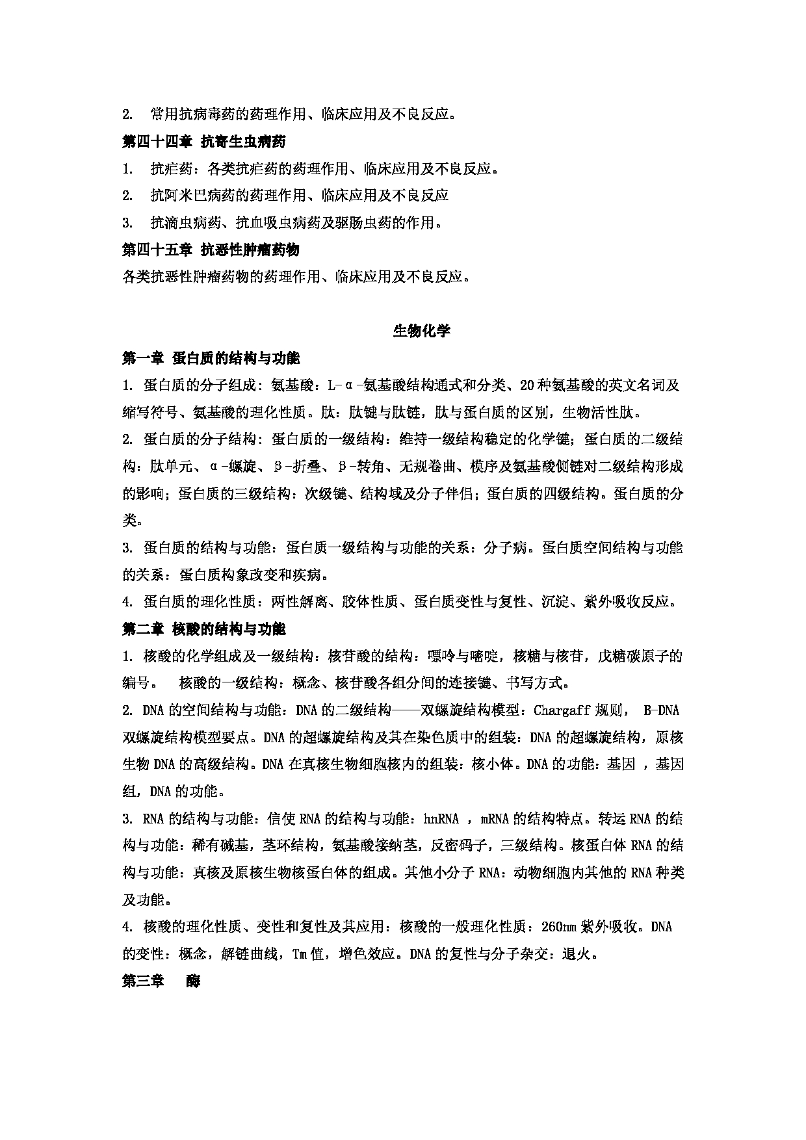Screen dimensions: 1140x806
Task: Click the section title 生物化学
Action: click(421, 331)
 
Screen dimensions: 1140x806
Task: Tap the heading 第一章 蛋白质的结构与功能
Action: click(211, 358)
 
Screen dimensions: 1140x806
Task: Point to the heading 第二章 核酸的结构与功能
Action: click(203, 629)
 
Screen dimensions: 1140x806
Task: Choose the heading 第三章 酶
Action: click(161, 981)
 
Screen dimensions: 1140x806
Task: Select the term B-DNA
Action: click(661, 710)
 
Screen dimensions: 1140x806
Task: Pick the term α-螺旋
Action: click(233, 467)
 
